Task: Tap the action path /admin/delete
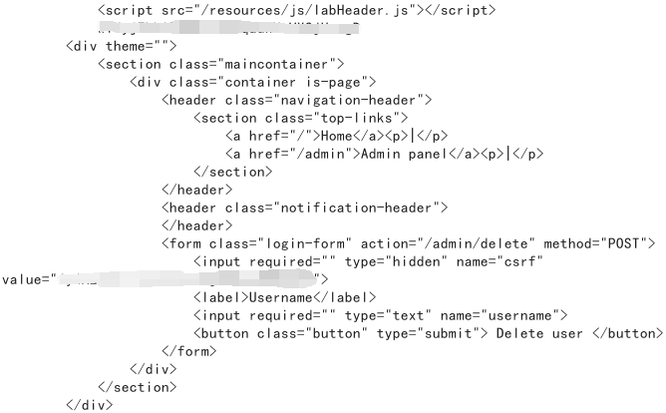coord(470,243)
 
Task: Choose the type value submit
coord(445,333)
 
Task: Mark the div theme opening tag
coord(121,46)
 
